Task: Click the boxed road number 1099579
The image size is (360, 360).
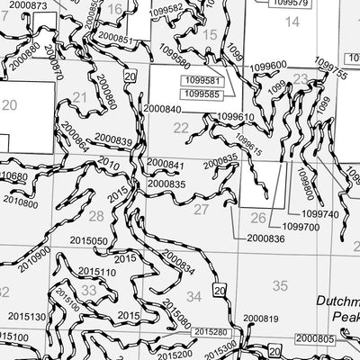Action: pyautogui.click(x=288, y=4)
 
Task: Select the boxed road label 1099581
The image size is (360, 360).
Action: pyautogui.click(x=202, y=79)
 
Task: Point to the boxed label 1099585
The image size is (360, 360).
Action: pyautogui.click(x=202, y=94)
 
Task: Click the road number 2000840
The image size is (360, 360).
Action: pyautogui.click(x=162, y=109)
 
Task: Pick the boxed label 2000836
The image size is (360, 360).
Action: pyautogui.click(x=262, y=238)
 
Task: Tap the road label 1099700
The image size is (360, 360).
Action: pyautogui.click(x=301, y=227)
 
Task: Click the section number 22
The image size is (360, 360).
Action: pyautogui.click(x=182, y=128)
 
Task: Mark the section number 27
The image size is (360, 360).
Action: pyautogui.click(x=201, y=209)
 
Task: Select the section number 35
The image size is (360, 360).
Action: pyautogui.click(x=280, y=285)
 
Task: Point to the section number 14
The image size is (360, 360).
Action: pyautogui.click(x=292, y=21)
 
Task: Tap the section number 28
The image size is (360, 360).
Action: pyautogui.click(x=96, y=216)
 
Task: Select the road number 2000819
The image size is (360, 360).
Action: pyautogui.click(x=260, y=319)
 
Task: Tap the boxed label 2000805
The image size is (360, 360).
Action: pyautogui.click(x=314, y=337)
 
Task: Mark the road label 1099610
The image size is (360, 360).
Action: pyautogui.click(x=236, y=117)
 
